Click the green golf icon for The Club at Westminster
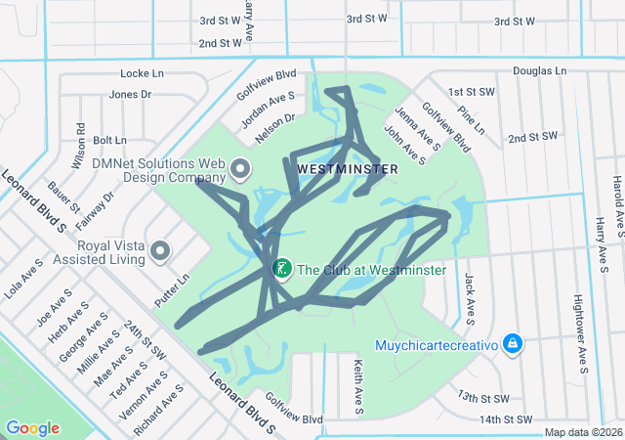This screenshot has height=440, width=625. (281, 269)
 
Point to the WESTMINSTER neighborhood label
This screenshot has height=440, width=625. (347, 168)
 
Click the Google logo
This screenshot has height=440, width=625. (32, 427)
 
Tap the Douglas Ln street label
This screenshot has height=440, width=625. (539, 71)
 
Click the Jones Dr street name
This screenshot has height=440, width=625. (131, 95)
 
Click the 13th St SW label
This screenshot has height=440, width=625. (482, 398)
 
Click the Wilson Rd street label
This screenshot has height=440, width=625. (80, 143)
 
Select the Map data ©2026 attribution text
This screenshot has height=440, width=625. (582, 432)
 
